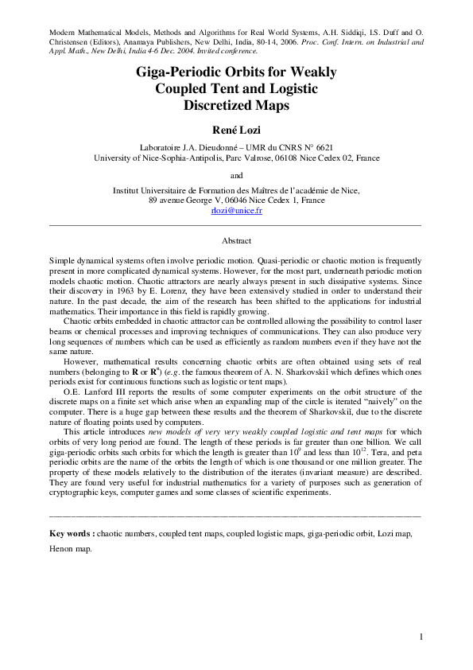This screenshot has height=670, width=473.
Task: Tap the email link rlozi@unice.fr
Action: pyautogui.click(x=236, y=211)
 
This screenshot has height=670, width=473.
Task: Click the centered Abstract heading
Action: pyautogui.click(x=236, y=240)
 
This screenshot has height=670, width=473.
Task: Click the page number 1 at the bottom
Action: pyautogui.click(x=421, y=637)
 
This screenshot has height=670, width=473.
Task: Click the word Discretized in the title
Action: pyautogui.click(x=236, y=104)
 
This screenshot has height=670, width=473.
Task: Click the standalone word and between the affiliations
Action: pyautogui.click(x=236, y=175)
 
